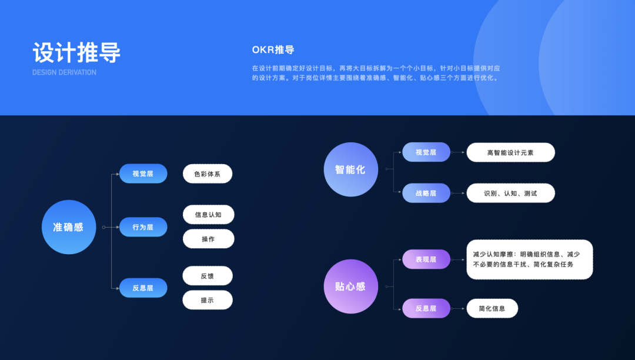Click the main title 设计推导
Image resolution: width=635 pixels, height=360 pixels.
tap(76, 52)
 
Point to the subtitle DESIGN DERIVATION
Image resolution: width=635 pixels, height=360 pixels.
tap(64, 72)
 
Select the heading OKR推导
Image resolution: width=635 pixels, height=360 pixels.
tap(273, 50)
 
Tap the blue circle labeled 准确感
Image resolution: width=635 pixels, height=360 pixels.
tap(68, 227)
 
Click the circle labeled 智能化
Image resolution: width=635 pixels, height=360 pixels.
tap(350, 169)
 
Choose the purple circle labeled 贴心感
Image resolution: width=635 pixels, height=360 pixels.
tap(350, 286)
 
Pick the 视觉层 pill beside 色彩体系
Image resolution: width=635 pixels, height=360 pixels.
tap(143, 174)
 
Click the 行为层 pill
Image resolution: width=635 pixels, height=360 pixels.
tap(143, 227)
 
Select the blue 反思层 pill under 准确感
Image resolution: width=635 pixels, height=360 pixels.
tap(143, 288)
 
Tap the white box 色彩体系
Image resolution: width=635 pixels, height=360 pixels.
tap(208, 174)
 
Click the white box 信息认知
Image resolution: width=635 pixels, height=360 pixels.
tap(208, 215)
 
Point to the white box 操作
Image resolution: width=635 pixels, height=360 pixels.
tap(208, 239)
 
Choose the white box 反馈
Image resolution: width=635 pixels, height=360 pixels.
tap(208, 276)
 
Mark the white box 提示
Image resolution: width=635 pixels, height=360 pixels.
tap(208, 300)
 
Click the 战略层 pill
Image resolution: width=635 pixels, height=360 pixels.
tap(426, 193)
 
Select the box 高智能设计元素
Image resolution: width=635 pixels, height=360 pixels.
tap(510, 152)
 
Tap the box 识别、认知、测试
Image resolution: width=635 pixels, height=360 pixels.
tap(510, 193)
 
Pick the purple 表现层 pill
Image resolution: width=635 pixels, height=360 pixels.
tap(426, 259)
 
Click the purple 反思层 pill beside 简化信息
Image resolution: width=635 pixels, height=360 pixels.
tap(426, 308)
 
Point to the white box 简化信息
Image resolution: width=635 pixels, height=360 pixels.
tap(492, 308)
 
